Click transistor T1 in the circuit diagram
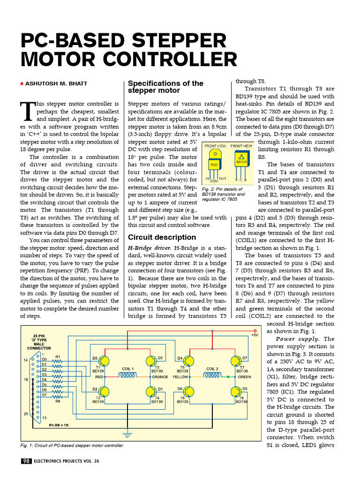(104, 361)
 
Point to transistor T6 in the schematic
(189, 391)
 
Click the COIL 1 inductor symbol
(128, 376)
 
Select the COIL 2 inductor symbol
(212, 376)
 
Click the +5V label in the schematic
(255, 335)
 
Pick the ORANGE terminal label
(160, 376)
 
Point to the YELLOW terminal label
(180, 376)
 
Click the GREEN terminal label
(244, 376)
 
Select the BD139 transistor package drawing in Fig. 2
(241, 161)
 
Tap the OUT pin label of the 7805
(222, 179)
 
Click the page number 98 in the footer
(26, 461)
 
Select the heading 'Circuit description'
(162, 237)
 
